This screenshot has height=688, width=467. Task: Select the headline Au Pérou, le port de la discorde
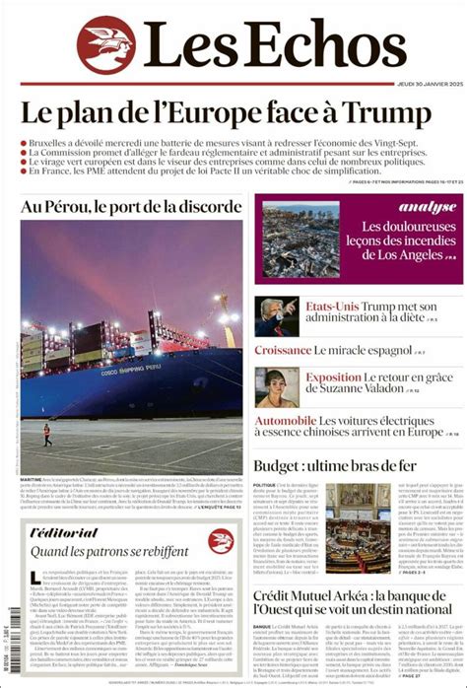coord(130,207)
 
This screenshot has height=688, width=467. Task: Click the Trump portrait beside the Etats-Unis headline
coord(277,316)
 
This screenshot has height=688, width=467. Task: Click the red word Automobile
coord(292,421)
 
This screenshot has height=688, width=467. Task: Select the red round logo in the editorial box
coord(220,540)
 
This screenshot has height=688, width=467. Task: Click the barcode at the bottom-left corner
coord(12,656)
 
